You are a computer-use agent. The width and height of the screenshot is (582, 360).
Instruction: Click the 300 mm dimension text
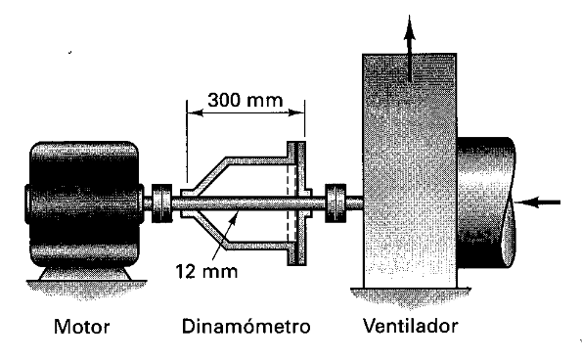point(244,99)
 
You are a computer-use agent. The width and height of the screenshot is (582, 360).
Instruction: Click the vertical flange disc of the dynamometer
point(293,203)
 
